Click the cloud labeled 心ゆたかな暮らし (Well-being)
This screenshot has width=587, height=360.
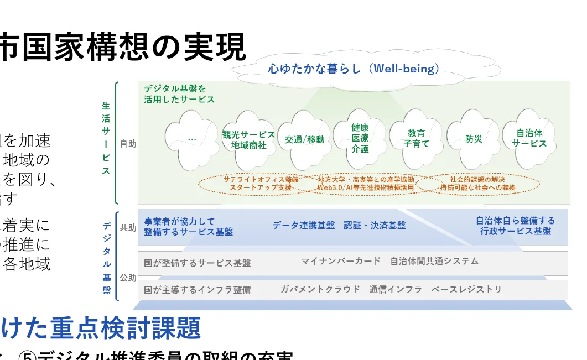(354, 69)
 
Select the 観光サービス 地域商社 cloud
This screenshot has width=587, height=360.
(248, 140)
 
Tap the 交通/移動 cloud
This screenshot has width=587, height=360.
(304, 140)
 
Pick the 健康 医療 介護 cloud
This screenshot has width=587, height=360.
(360, 138)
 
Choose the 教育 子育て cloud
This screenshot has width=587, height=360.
(416, 138)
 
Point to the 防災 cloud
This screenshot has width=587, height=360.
(474, 139)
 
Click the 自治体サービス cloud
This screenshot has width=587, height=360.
(529, 138)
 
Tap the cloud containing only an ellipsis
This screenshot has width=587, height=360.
(191, 140)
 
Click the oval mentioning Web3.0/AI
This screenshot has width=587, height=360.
(366, 184)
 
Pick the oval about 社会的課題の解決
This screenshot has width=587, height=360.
(477, 184)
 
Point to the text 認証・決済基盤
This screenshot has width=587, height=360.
(375, 226)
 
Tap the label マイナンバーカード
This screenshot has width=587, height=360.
(341, 261)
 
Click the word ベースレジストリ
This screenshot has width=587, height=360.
(467, 289)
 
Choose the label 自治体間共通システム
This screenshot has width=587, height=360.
(434, 261)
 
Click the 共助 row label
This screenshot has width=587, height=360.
(128, 227)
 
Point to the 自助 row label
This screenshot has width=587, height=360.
(128, 144)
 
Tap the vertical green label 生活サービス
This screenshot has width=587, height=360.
(106, 138)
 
